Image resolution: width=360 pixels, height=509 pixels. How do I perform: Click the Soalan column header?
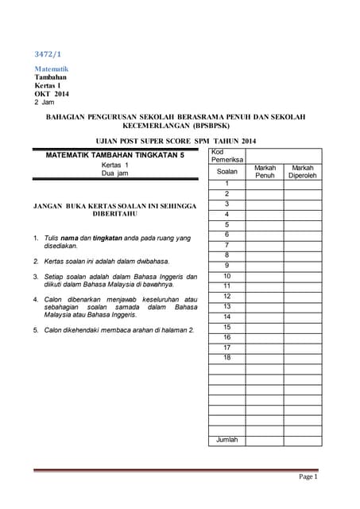click(x=227, y=172)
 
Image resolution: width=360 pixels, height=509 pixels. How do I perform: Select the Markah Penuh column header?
click(x=265, y=172)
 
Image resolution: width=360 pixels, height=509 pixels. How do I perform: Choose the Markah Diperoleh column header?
click(x=302, y=172)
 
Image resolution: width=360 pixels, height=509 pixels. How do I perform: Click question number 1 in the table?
click(x=227, y=184)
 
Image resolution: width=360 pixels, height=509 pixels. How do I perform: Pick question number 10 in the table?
click(x=227, y=276)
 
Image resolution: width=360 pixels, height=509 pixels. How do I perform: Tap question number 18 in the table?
click(x=227, y=358)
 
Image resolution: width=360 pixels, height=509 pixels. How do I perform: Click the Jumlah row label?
click(x=227, y=440)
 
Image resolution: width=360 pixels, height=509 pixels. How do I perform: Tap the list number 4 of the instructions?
click(x=36, y=299)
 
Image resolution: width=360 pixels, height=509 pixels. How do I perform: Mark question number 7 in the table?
click(x=227, y=245)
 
